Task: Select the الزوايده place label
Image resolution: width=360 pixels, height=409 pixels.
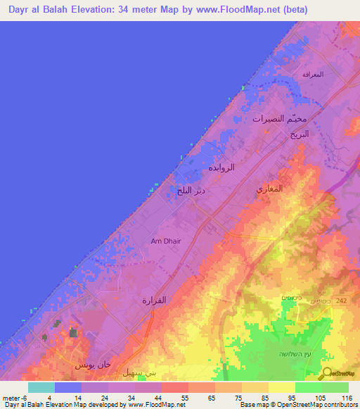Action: coord(221,168)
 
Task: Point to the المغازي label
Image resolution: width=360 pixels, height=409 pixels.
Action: coord(270,190)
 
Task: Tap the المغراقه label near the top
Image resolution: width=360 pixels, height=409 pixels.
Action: coord(312,74)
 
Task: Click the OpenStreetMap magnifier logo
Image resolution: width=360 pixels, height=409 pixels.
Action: coord(326,373)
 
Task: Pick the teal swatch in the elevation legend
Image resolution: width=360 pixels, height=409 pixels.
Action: coord(41,387)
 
